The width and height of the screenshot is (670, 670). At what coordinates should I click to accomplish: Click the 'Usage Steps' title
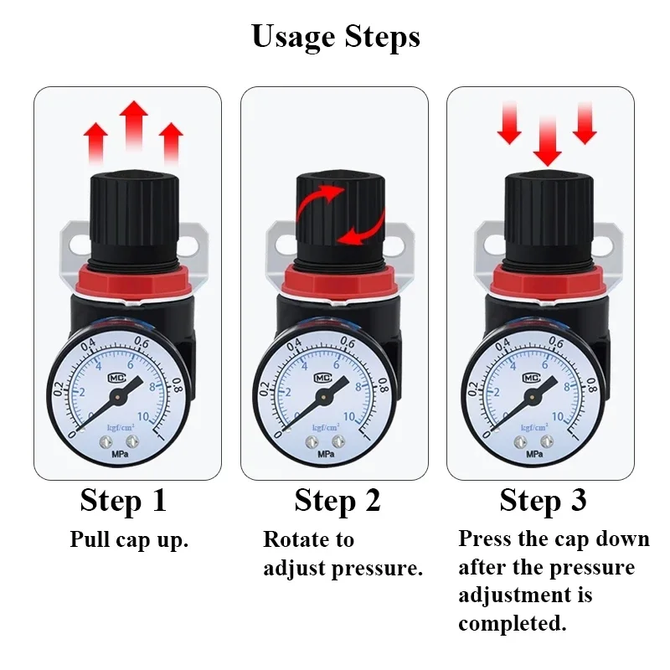335,36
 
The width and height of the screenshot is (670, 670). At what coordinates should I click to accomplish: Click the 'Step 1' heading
123,500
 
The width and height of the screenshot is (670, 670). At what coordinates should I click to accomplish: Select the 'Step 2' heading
338,500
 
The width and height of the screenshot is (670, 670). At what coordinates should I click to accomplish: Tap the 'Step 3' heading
543,500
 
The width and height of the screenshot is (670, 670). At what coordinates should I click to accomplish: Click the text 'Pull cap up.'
129,539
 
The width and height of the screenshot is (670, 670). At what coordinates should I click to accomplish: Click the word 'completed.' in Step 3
513,624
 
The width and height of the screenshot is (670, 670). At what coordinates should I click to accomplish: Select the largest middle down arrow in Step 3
548,138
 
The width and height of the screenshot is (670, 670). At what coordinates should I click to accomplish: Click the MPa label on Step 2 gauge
327,454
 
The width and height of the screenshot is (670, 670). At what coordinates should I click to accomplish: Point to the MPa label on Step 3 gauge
534,453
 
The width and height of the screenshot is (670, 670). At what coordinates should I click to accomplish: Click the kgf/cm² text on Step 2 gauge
327,427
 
